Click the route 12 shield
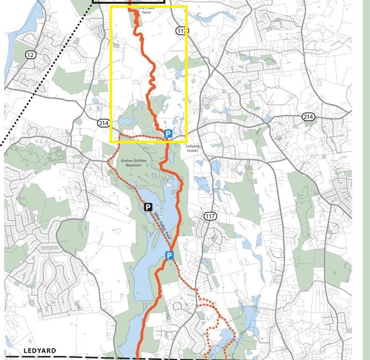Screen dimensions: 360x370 coord(31,55)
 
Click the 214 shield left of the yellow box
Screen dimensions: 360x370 coord(103,123)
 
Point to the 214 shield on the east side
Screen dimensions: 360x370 coord(308,117)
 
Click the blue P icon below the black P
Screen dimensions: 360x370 coord(169,256)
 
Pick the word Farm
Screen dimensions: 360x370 coord(144,13)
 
